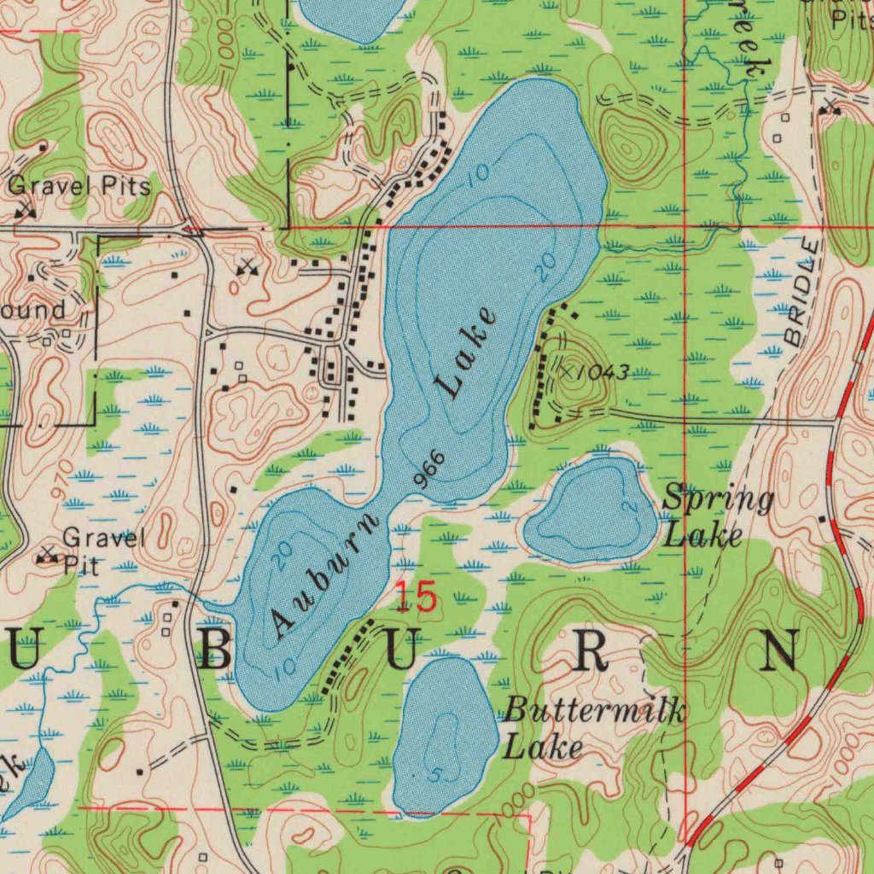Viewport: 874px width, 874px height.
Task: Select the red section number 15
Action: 417,597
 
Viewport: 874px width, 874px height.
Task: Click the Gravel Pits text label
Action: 80,185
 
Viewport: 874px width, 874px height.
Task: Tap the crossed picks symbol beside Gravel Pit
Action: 47,556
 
